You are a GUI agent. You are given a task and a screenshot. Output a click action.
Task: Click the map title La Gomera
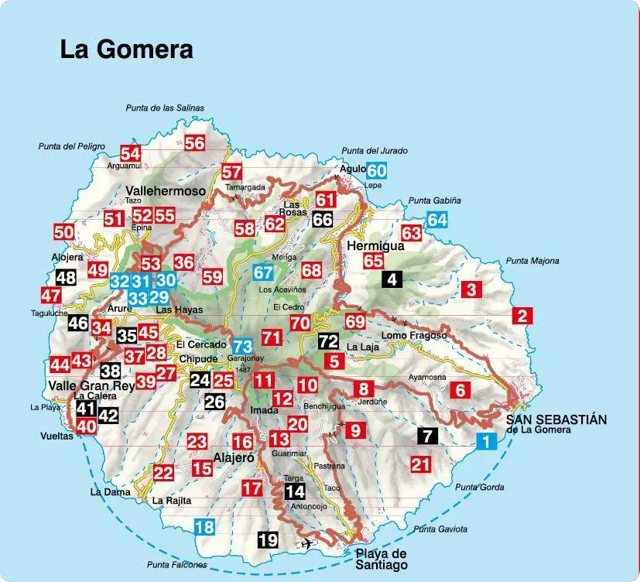pyautogui.click(x=126, y=50)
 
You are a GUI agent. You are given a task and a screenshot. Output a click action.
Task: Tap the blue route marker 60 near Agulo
pyautogui.click(x=376, y=170)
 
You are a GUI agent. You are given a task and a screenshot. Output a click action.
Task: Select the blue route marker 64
pyautogui.click(x=437, y=219)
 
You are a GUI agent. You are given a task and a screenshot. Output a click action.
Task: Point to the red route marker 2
pyautogui.click(x=523, y=315)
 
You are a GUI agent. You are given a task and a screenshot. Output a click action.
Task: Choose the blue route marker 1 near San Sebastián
pyautogui.click(x=485, y=442)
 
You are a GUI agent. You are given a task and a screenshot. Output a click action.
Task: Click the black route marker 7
pyautogui.click(x=426, y=435)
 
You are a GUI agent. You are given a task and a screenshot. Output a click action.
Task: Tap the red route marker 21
pyautogui.click(x=420, y=464)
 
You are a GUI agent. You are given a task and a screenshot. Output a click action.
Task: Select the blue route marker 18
pyautogui.click(x=204, y=528)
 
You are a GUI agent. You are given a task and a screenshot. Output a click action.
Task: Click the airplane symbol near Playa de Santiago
pyautogui.click(x=308, y=543)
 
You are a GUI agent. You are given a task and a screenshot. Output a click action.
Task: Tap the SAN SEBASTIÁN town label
pyautogui.click(x=556, y=419)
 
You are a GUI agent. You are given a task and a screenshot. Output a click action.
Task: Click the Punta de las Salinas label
pyautogui.click(x=165, y=108)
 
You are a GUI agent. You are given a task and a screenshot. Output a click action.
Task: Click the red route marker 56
pyautogui.click(x=194, y=142)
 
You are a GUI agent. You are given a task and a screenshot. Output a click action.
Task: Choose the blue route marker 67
pyautogui.click(x=263, y=272)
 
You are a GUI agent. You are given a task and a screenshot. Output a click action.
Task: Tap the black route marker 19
pyautogui.click(x=268, y=540)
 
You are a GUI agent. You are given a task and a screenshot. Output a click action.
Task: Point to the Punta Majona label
pyautogui.click(x=532, y=261)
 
